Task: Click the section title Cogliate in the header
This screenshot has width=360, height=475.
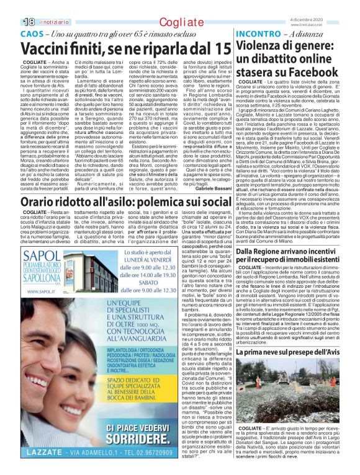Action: point(181,22)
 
